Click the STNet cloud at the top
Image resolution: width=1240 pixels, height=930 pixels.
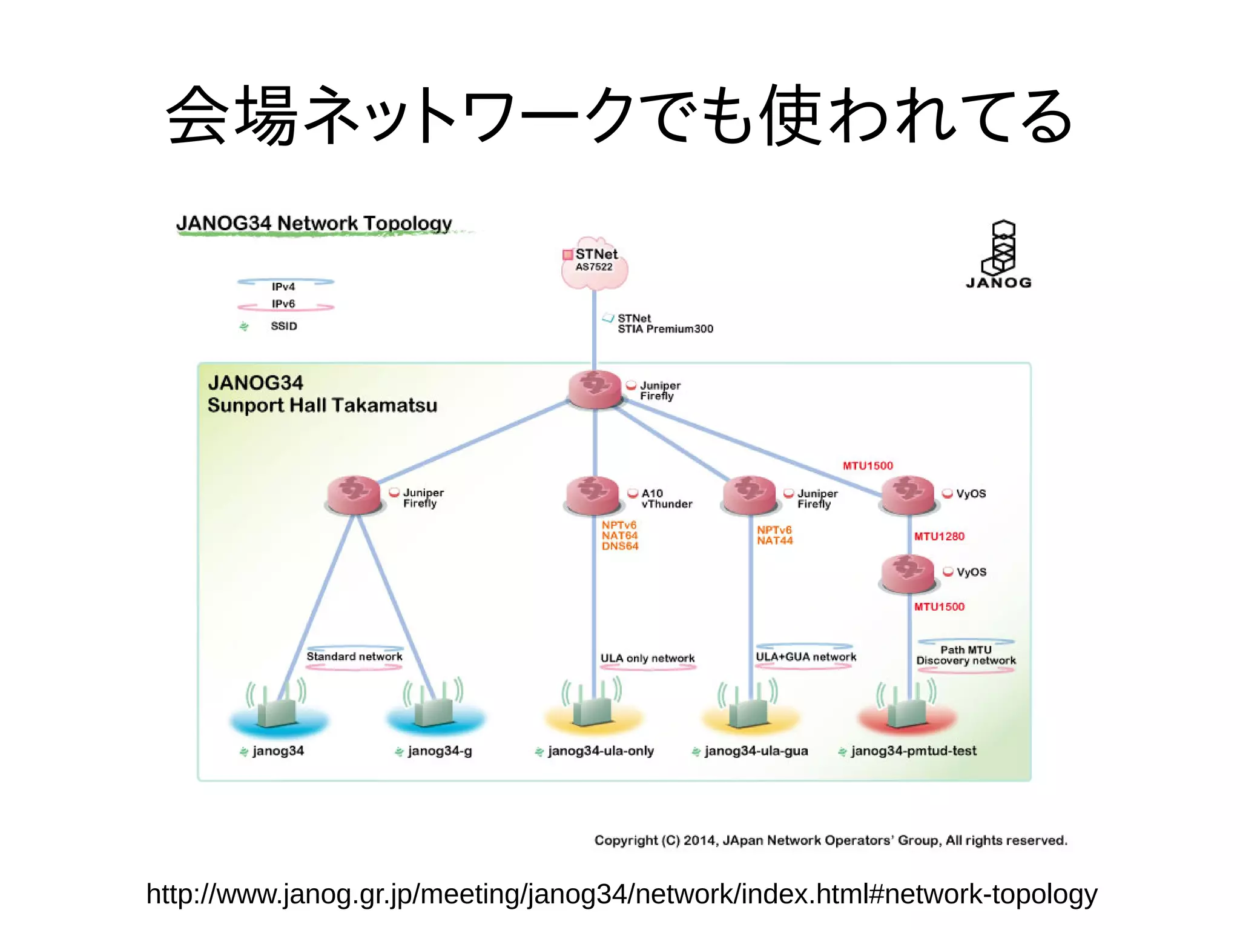pos(594,263)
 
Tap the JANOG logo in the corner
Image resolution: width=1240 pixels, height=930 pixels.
pos(999,254)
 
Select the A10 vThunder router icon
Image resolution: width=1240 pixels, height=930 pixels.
pos(592,495)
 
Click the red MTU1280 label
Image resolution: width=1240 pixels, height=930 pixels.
pos(938,536)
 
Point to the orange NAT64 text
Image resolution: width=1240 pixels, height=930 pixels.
pos(619,536)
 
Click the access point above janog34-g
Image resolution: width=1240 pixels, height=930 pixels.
pos(434,709)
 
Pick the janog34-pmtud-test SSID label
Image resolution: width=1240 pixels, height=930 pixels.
pos(913,751)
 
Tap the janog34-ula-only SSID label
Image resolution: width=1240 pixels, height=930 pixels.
pos(601,751)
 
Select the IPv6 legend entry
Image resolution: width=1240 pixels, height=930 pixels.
pos(283,304)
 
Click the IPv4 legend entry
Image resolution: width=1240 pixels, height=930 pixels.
pos(283,287)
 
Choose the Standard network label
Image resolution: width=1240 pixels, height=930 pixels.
pos(354,656)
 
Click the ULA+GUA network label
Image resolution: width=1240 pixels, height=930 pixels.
pos(805,657)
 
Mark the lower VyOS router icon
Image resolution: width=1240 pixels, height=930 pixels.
pos(908,573)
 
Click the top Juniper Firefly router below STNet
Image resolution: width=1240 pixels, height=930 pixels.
pos(595,388)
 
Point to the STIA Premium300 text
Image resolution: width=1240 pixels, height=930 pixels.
pos(665,329)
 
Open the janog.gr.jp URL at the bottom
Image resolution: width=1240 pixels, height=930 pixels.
pos(621,894)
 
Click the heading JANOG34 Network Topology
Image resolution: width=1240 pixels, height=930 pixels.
pos(314,223)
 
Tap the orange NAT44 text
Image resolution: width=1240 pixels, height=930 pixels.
pos(774,540)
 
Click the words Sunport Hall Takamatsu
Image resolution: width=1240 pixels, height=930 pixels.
pos(322,405)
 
